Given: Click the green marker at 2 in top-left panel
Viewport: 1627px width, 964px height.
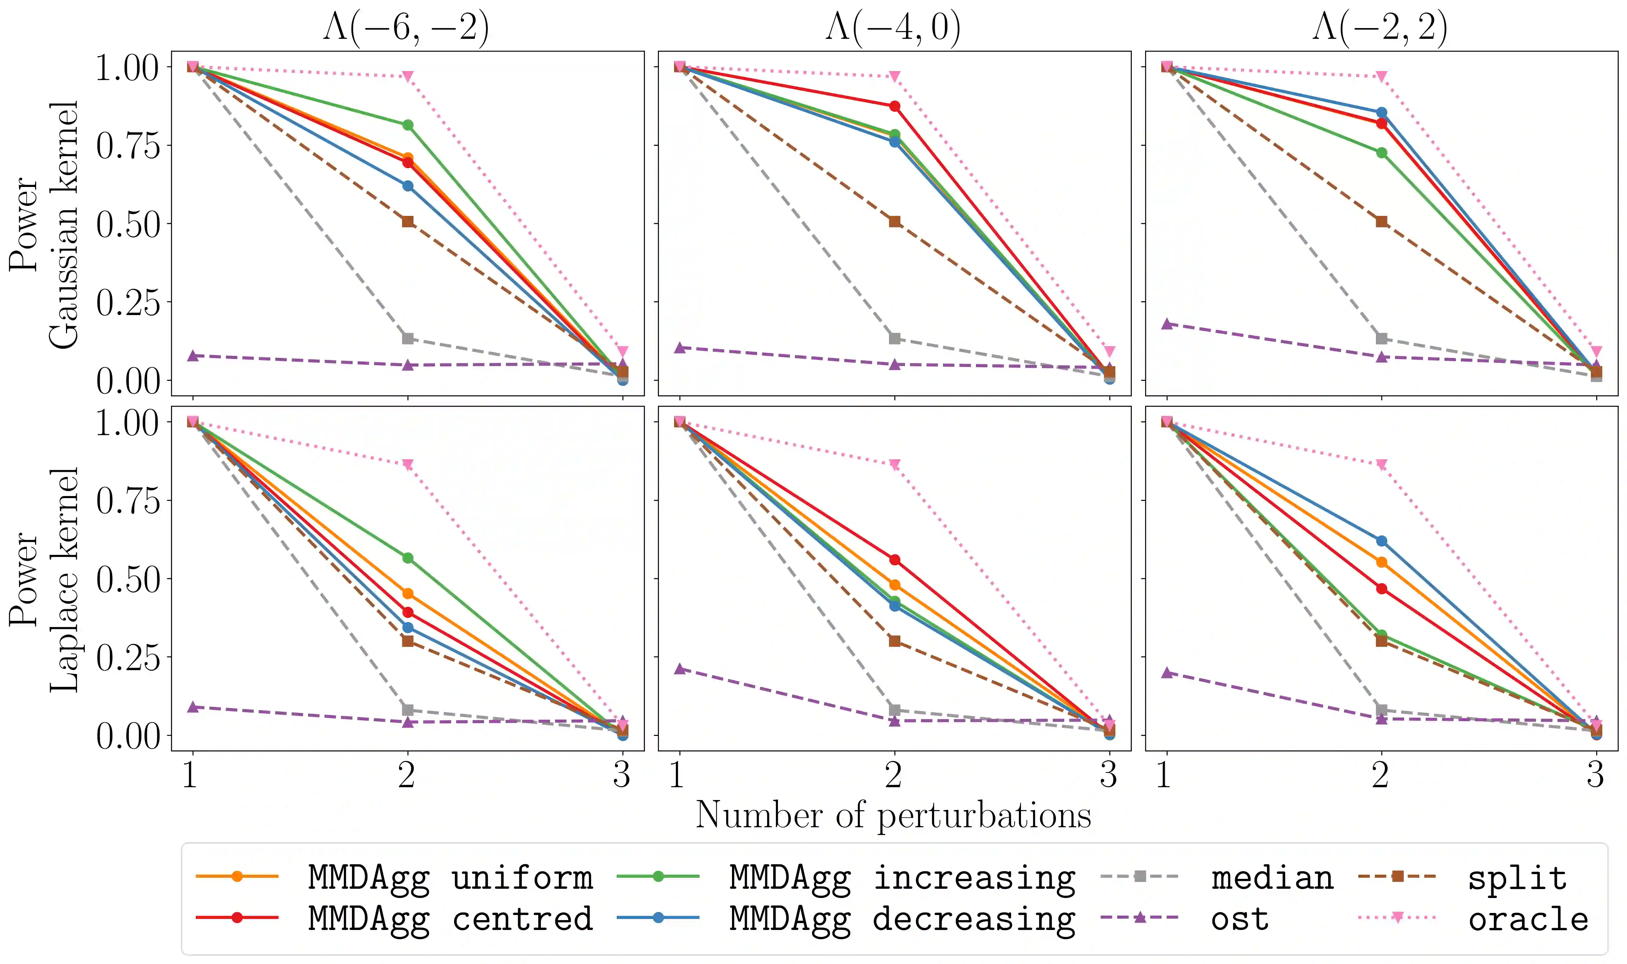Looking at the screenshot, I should pyautogui.click(x=408, y=125).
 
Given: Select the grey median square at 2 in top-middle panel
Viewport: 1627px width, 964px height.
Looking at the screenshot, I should pyautogui.click(x=895, y=338).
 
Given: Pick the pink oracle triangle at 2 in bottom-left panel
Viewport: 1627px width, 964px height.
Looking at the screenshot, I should pyautogui.click(x=408, y=464).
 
